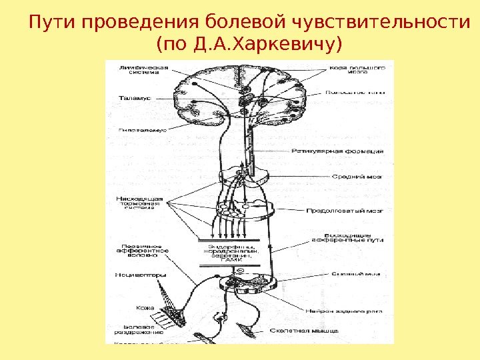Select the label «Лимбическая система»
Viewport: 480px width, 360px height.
[143, 71]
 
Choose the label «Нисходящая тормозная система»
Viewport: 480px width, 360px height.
[140, 203]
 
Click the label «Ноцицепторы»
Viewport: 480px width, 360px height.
[141, 275]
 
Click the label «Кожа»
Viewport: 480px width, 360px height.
[145, 308]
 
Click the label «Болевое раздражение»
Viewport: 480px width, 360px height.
[139, 330]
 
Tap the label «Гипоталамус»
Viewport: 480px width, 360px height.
[142, 131]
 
